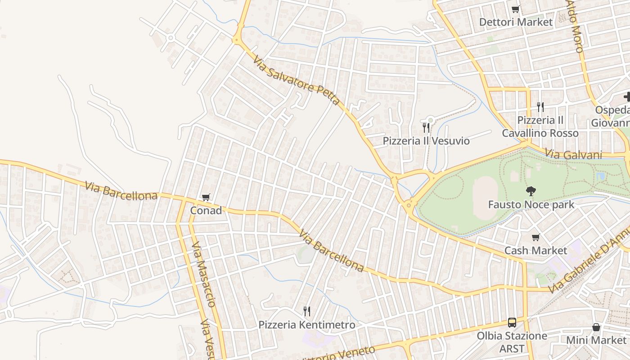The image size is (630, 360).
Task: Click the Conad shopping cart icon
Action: coord(206,197)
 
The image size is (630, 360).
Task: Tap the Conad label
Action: coord(206,211)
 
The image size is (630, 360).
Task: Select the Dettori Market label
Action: coord(516,22)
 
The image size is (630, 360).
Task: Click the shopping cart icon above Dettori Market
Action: coord(516,9)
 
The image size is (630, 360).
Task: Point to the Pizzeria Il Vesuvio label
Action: coord(426,141)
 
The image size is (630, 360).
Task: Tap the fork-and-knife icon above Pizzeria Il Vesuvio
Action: coord(426,128)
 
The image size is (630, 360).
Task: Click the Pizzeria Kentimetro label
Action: coord(306,324)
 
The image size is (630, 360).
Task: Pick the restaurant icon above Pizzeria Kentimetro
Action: coord(306,311)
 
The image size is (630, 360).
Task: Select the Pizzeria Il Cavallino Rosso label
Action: coord(540,127)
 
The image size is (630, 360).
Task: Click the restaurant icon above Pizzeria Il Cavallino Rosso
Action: coord(540,107)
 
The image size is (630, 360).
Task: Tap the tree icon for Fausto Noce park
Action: coord(531,191)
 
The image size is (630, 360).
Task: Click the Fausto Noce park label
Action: coord(531,205)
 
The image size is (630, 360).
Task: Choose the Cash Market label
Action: coord(535,250)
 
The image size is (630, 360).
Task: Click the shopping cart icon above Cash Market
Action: coord(535,237)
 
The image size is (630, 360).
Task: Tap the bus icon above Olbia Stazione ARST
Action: coord(512,322)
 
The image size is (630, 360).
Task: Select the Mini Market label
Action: coord(596,340)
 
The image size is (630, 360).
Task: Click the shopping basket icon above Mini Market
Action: coord(596,327)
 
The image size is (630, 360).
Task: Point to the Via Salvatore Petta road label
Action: coord(296,80)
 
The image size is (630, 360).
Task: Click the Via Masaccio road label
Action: coord(204,274)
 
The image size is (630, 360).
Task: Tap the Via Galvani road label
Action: coord(573,154)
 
